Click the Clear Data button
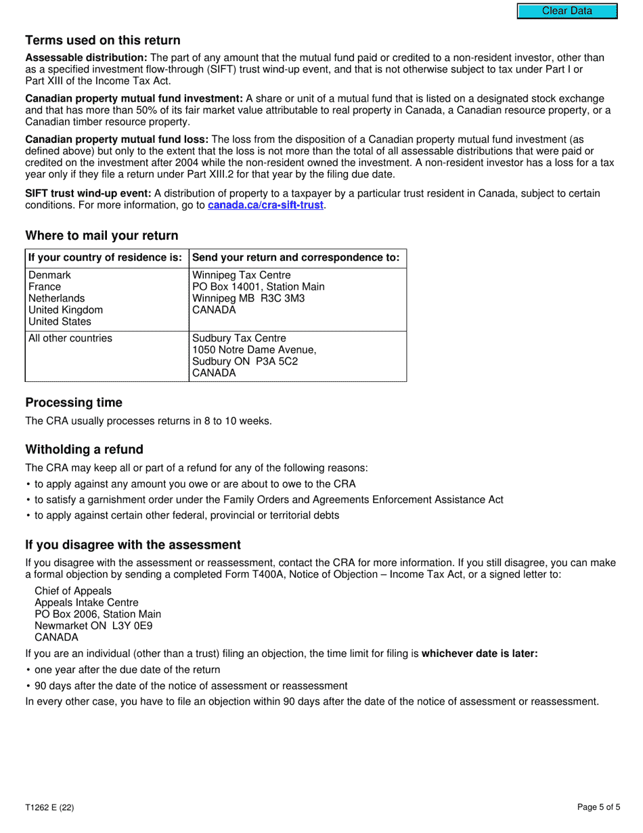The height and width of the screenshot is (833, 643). coord(567,11)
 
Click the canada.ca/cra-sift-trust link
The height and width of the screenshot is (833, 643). coord(266,205)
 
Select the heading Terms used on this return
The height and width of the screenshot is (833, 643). coord(103,40)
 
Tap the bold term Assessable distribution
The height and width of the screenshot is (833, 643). coord(86,58)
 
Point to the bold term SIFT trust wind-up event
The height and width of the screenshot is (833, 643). coord(88,193)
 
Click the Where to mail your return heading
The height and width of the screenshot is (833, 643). coord(102,236)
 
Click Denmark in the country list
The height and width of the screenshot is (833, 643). coord(49,275)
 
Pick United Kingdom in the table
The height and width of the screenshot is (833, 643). coord(66,309)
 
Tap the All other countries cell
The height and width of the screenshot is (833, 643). coord(70,338)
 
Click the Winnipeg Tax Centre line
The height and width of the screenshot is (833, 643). coord(242,275)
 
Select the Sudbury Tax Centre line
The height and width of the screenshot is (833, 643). coord(239,338)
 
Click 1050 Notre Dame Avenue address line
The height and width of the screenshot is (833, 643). coord(254,349)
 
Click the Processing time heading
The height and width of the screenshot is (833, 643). coord(74,402)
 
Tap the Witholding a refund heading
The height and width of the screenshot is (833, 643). coord(84,450)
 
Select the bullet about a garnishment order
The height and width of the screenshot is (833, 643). coord(269,499)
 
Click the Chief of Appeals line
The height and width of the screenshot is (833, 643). coord(73,591)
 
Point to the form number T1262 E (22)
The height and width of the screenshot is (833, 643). coord(49,807)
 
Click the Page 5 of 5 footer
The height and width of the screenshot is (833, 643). coord(598,807)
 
